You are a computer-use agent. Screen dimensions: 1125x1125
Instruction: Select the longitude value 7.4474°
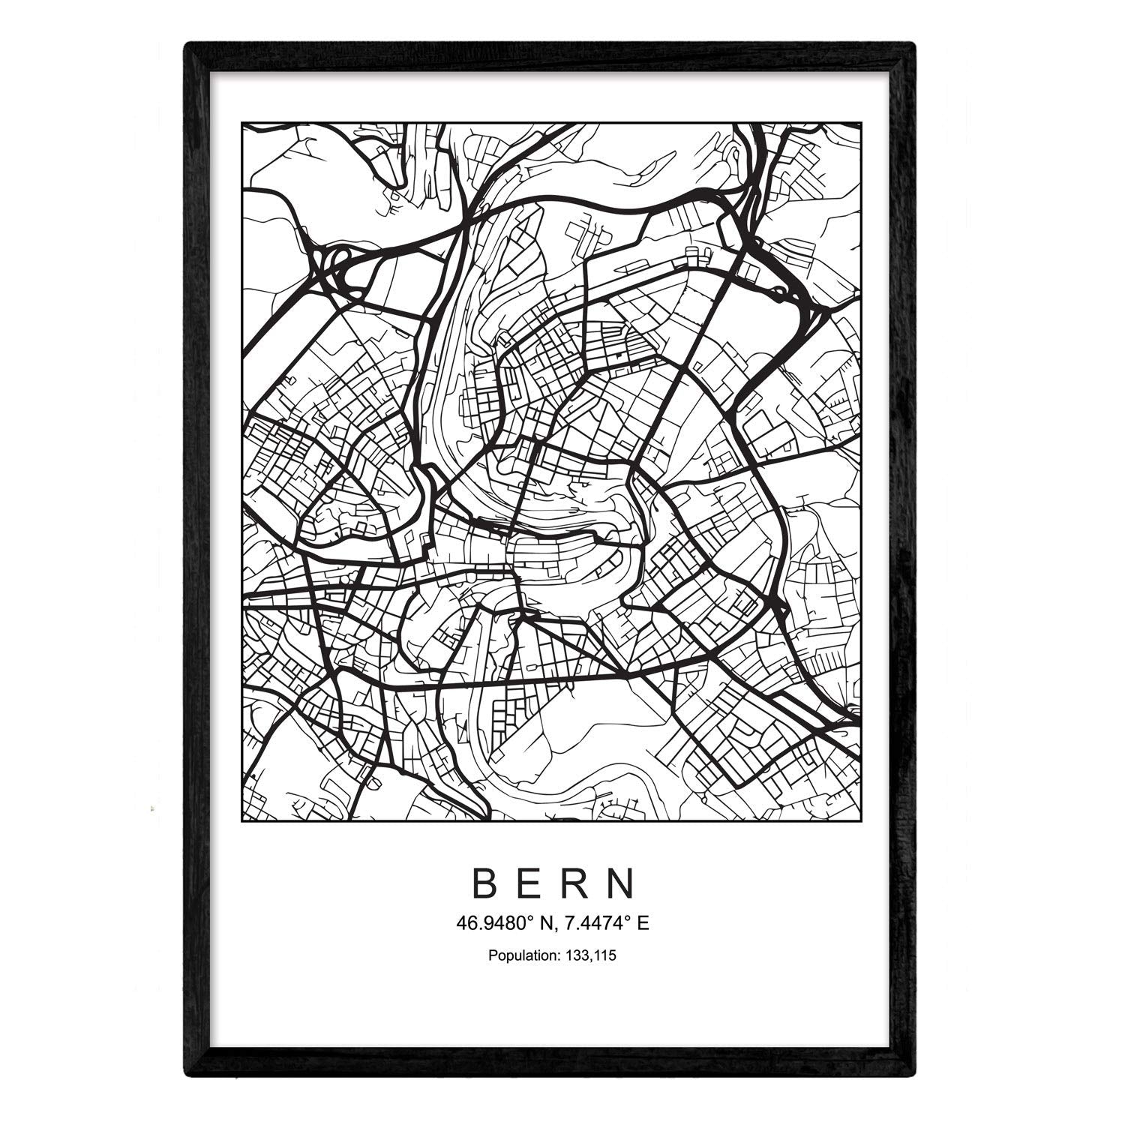[597, 924]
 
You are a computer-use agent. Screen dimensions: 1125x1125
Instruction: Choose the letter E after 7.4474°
[643, 924]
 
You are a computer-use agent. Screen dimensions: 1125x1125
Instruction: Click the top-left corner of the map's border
[241, 123]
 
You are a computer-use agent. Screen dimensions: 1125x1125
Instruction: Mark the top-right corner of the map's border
[860, 123]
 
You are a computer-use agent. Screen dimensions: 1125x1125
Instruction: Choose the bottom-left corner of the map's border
[241, 821]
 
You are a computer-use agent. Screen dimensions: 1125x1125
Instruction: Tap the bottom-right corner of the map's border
[860, 821]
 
